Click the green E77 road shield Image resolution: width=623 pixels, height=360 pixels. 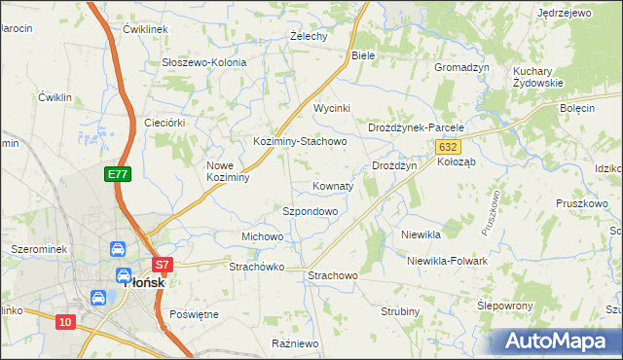[118, 174]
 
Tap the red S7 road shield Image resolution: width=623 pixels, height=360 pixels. [163, 264]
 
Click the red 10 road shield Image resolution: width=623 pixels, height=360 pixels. [65, 322]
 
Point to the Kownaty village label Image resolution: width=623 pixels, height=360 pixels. [333, 185]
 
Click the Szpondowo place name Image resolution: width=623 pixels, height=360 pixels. [310, 210]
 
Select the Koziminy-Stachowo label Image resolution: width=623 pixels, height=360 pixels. [300, 141]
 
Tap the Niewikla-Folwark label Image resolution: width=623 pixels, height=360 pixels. [447, 261]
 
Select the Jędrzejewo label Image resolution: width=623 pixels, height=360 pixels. [565, 14]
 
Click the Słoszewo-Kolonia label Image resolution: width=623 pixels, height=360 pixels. [204, 62]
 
